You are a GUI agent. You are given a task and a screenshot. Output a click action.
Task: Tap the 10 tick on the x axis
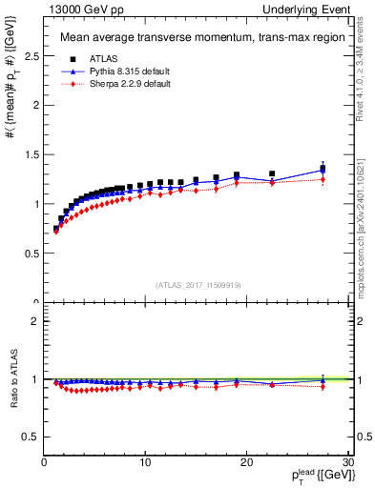[x=144, y=462]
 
